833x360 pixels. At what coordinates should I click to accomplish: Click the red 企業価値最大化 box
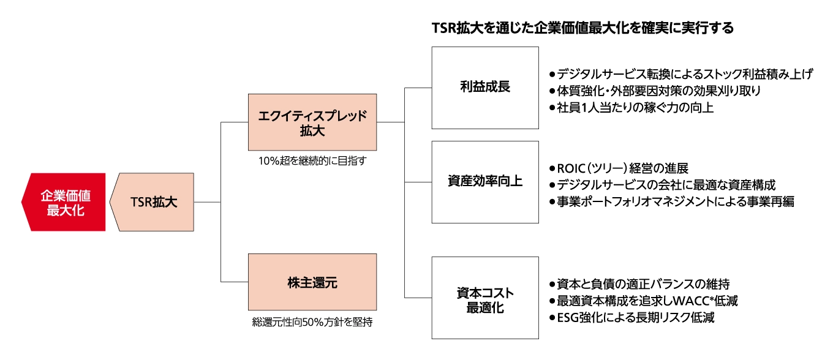[x=64, y=202]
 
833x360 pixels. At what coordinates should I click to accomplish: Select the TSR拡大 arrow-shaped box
[x=154, y=202]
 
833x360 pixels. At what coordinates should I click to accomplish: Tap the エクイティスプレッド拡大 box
[x=312, y=122]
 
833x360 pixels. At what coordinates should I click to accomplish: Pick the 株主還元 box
[x=312, y=282]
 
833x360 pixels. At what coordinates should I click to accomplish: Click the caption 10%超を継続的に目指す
[x=312, y=161]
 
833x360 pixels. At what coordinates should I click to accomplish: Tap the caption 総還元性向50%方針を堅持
[x=312, y=321]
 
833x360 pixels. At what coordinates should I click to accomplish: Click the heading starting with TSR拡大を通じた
[x=582, y=28]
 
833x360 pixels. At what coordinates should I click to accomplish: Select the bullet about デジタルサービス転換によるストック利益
[x=684, y=75]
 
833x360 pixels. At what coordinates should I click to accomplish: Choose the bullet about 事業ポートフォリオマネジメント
[x=674, y=201]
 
